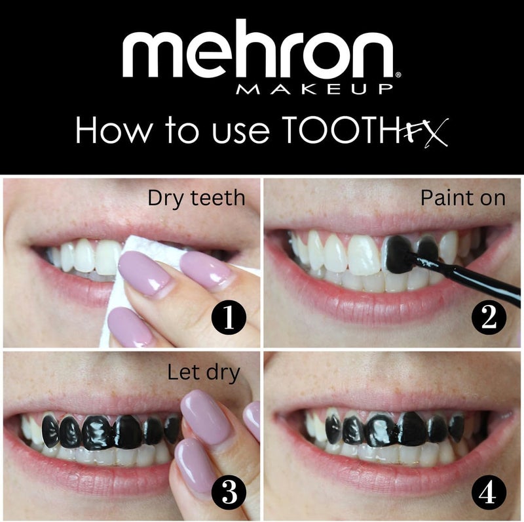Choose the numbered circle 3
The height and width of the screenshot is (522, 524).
coord(227,491)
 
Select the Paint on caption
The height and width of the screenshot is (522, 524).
coord(462,198)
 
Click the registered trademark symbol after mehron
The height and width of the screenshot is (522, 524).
coord(398,74)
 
